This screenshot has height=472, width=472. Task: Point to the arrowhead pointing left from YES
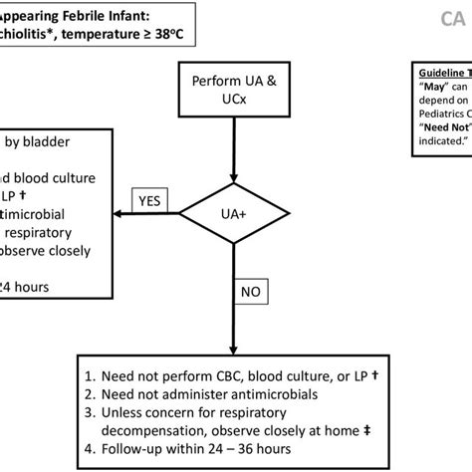point(118,212)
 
